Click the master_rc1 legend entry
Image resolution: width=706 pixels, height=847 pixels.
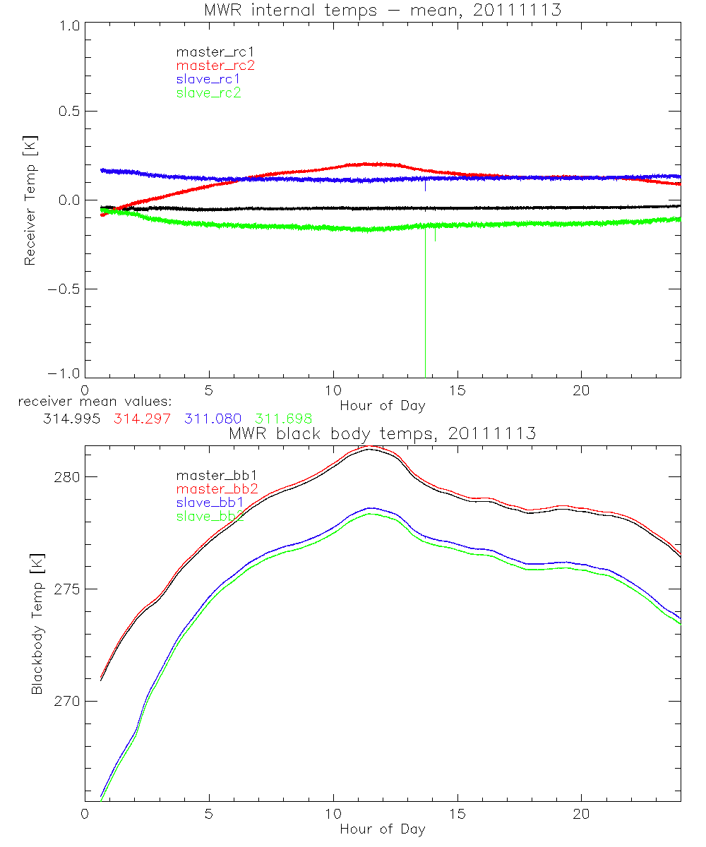208,52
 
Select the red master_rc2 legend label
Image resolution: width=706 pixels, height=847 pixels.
215,65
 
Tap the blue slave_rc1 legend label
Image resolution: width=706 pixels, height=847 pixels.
208,79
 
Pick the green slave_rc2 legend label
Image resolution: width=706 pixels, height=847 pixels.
208,92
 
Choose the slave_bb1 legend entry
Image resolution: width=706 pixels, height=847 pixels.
210,503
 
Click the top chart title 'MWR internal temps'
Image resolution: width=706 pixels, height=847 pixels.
382,10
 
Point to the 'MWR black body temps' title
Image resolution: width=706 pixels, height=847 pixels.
382,434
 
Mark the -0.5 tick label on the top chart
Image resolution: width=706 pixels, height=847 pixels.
64,289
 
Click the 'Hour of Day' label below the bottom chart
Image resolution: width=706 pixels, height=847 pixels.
382,829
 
